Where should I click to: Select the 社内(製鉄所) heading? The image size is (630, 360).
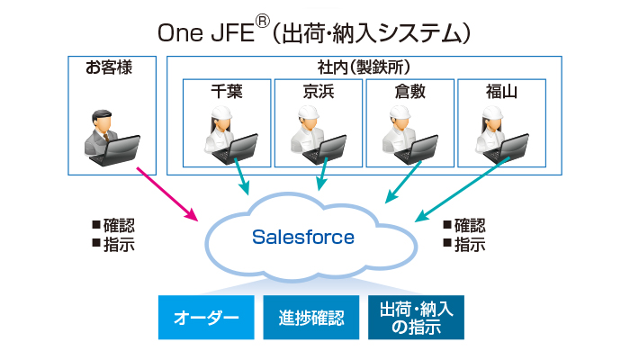point(364,67)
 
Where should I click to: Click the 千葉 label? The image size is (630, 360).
point(227,91)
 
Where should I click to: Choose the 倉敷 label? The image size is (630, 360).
point(410,91)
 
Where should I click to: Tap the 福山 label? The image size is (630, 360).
point(502,91)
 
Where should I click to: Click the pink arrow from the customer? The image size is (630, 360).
point(167,193)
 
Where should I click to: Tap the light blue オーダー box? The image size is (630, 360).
point(206,318)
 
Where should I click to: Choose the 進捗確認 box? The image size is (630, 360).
point(311,318)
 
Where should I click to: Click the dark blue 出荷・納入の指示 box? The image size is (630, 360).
point(416,318)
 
